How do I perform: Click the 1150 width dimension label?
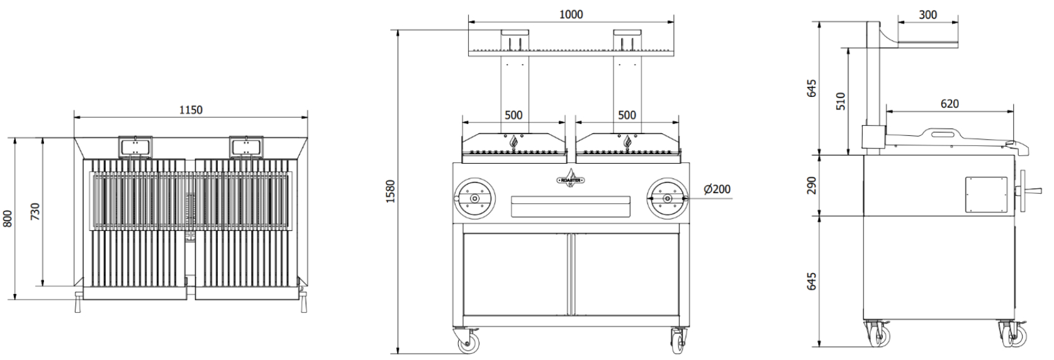pos(191,110)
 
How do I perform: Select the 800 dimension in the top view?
pos(8,218)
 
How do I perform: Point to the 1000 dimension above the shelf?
pos(571,14)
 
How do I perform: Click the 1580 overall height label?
pos(391,191)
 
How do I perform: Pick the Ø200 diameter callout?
pos(717,189)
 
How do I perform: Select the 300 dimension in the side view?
pos(928,15)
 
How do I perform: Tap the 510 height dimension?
pos(841,101)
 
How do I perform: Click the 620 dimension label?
pos(950,103)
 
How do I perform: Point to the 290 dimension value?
pos(812,186)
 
